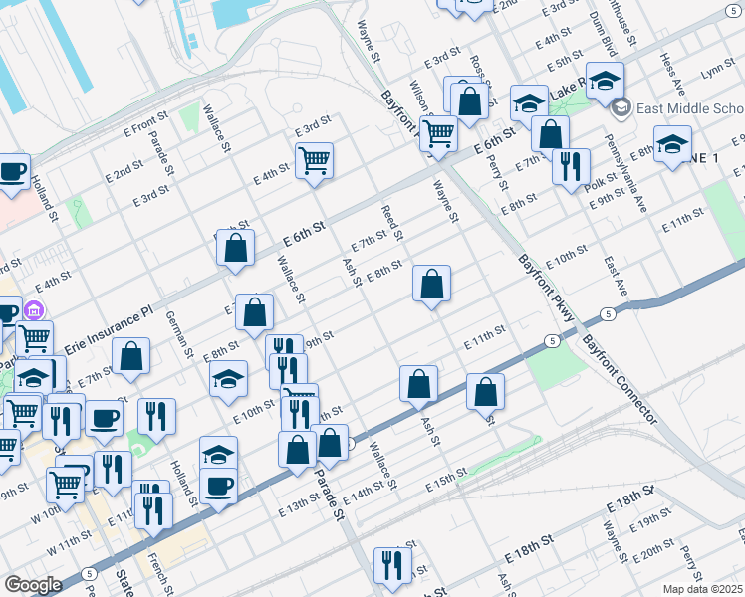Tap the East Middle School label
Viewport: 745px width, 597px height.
[x=691, y=108]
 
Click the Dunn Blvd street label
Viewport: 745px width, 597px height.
[x=600, y=33]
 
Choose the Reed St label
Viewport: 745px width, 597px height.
[x=391, y=224]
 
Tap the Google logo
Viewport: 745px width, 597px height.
[x=33, y=585]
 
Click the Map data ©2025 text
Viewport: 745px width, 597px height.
[x=703, y=589]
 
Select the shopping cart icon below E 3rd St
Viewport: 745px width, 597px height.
[x=314, y=159]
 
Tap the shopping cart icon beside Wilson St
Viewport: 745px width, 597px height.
[x=438, y=132]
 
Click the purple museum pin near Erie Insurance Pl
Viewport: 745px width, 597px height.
[x=35, y=310]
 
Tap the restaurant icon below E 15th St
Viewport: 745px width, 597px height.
[x=392, y=565]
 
